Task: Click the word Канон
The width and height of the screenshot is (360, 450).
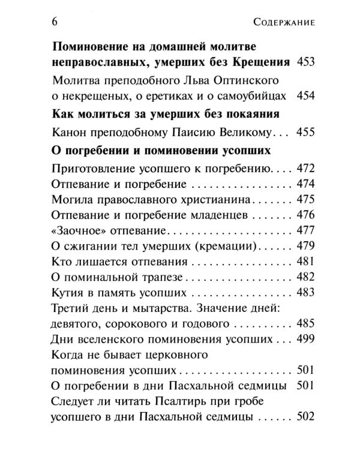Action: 70,132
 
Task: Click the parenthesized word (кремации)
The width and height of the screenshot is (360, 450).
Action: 226,246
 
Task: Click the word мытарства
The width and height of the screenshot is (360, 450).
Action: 170,308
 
